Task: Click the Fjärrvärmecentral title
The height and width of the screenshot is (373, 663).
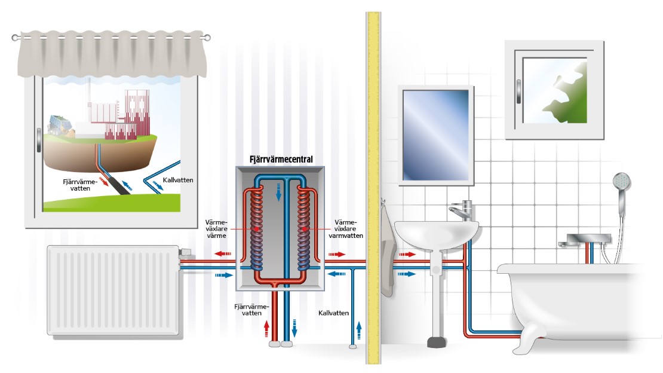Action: [280, 160]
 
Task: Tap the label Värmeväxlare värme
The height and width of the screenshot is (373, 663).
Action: [218, 228]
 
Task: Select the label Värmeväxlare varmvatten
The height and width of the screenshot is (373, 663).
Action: [345, 228]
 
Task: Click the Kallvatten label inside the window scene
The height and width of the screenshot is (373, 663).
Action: [178, 179]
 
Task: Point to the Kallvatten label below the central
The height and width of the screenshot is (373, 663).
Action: [333, 313]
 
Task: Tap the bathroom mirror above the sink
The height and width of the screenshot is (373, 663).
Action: [437, 135]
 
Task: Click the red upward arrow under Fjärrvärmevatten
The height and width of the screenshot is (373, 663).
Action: [267, 328]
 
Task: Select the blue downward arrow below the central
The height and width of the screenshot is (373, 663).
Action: [294, 328]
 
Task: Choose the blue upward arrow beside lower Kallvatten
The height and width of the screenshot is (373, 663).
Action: [359, 328]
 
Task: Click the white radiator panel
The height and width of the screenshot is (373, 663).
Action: [113, 289]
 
